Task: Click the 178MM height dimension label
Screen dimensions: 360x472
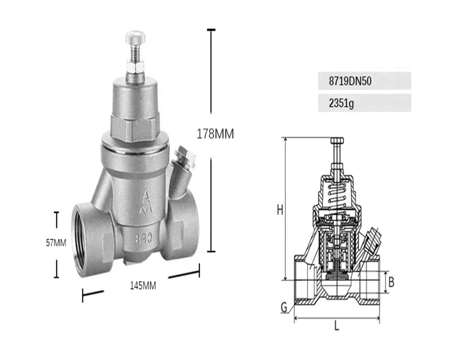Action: (x=215, y=134)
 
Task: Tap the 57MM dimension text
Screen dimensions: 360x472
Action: (x=56, y=243)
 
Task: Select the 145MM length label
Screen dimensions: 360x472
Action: (x=143, y=285)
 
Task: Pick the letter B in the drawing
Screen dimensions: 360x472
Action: (x=391, y=282)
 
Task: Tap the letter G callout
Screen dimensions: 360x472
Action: (x=284, y=308)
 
